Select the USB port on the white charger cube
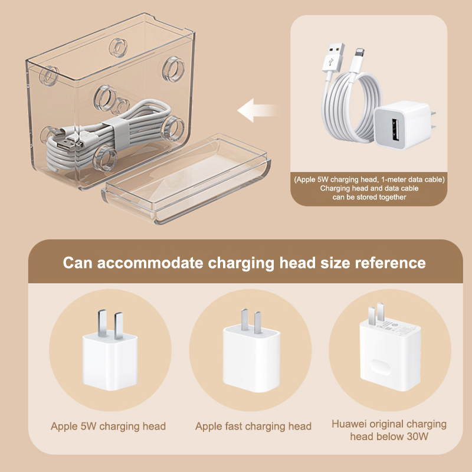[x=395, y=130]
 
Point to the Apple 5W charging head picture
[x=110, y=350]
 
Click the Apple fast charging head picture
[x=251, y=351]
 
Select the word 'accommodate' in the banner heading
[x=150, y=263]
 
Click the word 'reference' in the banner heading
[x=391, y=263]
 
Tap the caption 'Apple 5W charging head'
[x=108, y=426]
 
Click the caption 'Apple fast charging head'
[x=253, y=426]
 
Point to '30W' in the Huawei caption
[x=417, y=436]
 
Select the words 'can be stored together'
[x=369, y=197]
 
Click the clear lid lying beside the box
[x=186, y=179]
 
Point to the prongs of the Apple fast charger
[x=251, y=321]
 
